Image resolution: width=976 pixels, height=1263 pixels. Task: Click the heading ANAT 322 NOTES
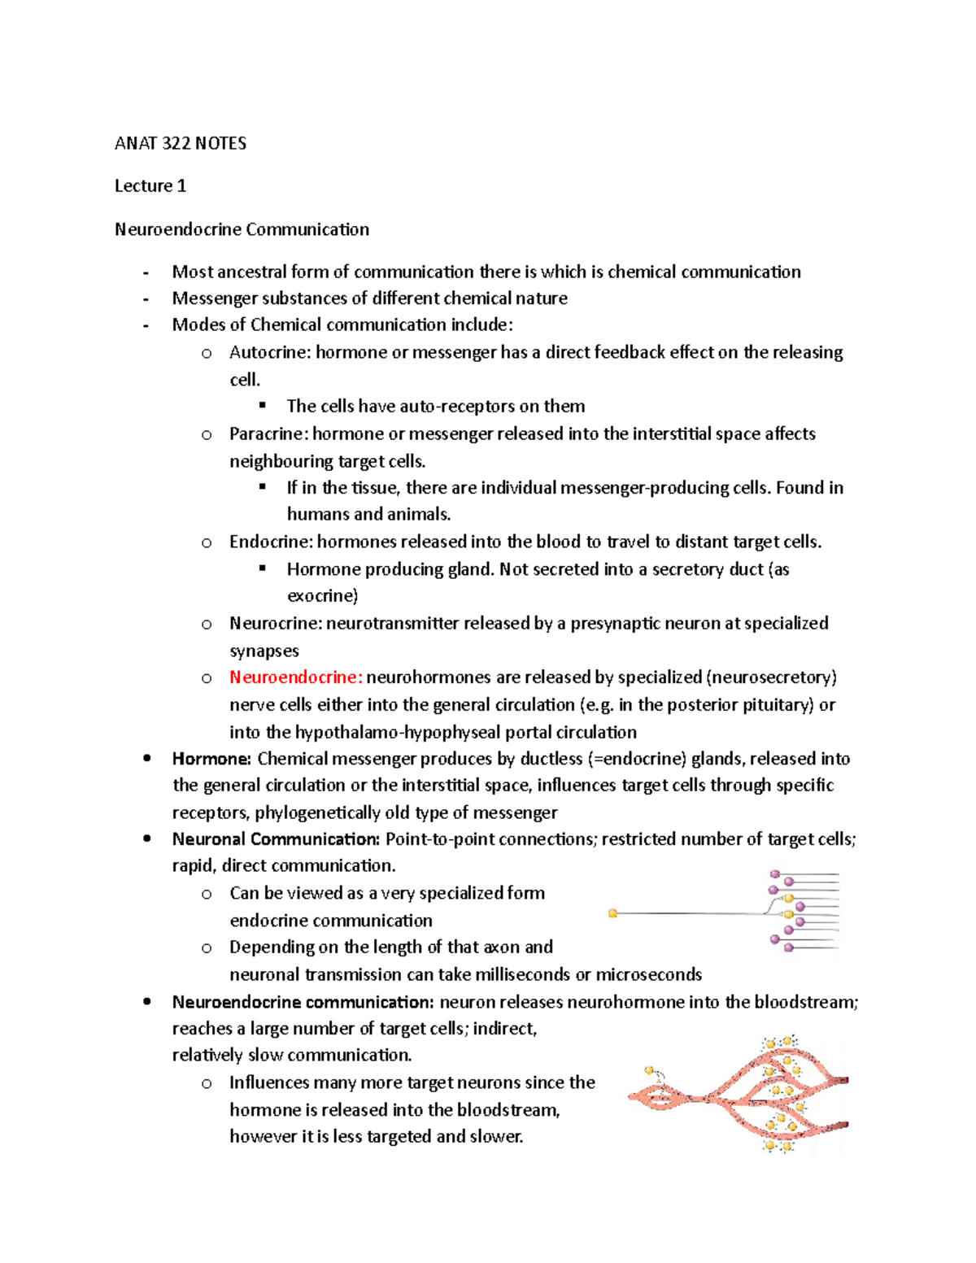(x=181, y=144)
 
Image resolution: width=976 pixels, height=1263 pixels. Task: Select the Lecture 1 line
(x=150, y=186)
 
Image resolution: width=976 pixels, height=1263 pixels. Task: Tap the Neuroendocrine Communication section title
(x=242, y=229)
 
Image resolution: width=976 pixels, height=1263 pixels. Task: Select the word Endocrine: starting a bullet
(x=271, y=542)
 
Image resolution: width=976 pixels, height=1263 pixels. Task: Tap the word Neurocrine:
(x=275, y=624)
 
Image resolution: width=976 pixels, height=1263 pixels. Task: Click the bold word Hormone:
(x=211, y=760)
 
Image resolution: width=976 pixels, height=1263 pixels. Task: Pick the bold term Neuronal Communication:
(x=276, y=839)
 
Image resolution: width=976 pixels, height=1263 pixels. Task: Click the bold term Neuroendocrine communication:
(x=303, y=1003)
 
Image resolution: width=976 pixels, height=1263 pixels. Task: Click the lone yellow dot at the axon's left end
(x=612, y=913)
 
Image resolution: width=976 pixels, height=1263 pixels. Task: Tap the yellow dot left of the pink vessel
(x=649, y=1071)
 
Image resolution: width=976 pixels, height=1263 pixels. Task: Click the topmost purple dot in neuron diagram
(x=774, y=875)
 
